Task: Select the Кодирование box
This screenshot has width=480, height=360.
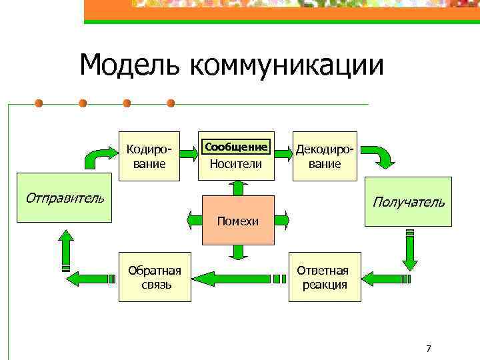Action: (x=149, y=155)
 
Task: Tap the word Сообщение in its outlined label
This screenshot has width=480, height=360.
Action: (x=237, y=147)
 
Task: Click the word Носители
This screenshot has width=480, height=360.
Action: (x=236, y=164)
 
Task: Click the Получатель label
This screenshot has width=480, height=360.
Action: (x=408, y=201)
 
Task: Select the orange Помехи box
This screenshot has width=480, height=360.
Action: (x=239, y=220)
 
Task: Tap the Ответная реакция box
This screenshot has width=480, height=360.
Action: (x=323, y=277)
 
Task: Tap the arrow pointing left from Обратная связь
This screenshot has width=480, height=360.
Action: (x=92, y=275)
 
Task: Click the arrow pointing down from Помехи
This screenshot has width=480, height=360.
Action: (x=238, y=251)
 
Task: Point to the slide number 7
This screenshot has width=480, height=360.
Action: (x=429, y=349)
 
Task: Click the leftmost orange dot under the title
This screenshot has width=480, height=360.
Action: (x=39, y=103)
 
